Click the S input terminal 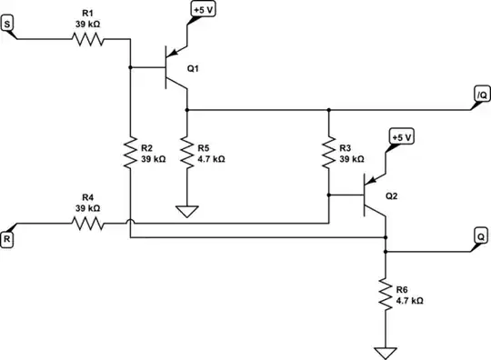pyautogui.click(x=8, y=25)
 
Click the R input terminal pyautogui.click(x=8, y=239)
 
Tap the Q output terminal pyautogui.click(x=479, y=234)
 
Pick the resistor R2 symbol pyautogui.click(x=130, y=151)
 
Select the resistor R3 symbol pyautogui.click(x=328, y=151)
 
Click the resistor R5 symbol pyautogui.click(x=187, y=151)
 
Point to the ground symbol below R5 pyautogui.click(x=187, y=213)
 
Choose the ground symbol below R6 pyautogui.click(x=386, y=351)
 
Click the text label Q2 pyautogui.click(x=391, y=195)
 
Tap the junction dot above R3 pyautogui.click(x=328, y=109)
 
